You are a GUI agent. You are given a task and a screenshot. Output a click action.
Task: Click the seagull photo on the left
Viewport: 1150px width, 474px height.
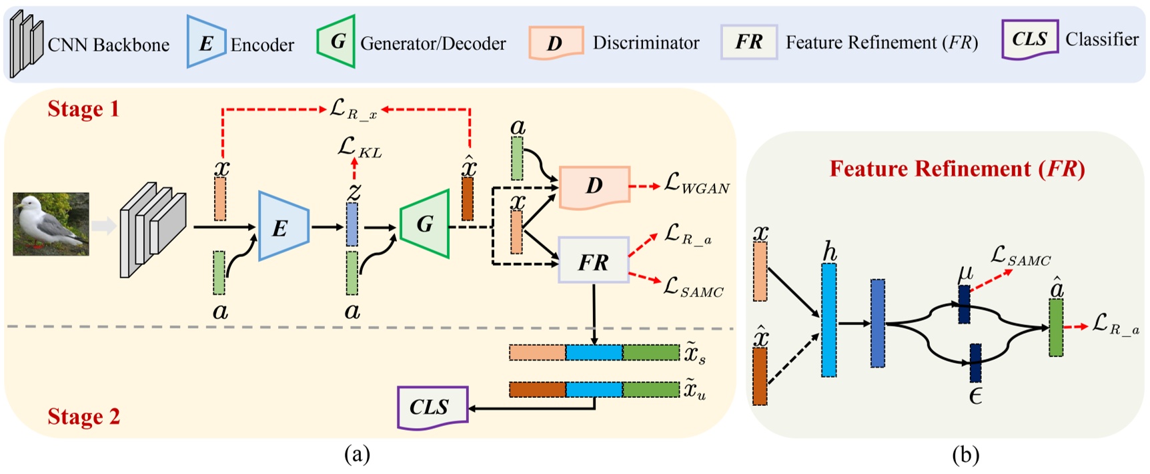pos(51,224)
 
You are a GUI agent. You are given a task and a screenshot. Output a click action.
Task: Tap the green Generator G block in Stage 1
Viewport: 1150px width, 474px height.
pos(425,224)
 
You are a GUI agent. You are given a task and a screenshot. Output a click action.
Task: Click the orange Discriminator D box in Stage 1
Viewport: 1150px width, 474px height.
pos(594,186)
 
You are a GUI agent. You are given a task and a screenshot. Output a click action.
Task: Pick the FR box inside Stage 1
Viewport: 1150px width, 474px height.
pos(593,260)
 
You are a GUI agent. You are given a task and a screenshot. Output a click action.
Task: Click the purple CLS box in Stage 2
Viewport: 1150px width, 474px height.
pos(431,407)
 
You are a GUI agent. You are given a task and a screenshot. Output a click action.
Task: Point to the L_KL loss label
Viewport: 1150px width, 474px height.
pos(360,148)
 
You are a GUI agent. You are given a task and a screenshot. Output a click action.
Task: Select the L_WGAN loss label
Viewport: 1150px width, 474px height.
pos(696,184)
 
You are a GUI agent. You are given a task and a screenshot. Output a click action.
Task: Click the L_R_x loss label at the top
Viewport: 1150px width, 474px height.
pos(353,109)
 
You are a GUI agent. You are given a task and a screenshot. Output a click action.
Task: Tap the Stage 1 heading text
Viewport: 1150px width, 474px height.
pos(83,109)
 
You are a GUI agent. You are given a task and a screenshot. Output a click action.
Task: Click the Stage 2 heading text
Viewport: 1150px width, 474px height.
pos(83,417)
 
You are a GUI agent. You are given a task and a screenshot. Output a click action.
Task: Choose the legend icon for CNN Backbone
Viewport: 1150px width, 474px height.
pos(27,43)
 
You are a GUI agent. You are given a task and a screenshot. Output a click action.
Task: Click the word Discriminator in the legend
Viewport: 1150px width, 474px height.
pos(646,43)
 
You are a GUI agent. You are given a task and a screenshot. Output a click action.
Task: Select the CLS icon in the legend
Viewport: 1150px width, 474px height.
pos(1029,39)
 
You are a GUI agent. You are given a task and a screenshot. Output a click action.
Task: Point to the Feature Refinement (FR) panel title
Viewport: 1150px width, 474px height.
pos(957,169)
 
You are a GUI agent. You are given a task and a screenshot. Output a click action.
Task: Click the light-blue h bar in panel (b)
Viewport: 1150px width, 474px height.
pos(828,320)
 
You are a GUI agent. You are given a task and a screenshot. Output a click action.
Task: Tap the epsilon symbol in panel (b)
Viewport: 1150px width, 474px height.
pos(975,397)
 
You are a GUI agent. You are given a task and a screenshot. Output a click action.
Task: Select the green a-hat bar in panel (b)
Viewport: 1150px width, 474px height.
pos(1056,327)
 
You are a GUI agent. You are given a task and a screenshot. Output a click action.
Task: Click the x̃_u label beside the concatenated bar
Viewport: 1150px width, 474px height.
pos(694,390)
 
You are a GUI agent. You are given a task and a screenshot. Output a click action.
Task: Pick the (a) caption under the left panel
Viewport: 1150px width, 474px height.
pos(357,455)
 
